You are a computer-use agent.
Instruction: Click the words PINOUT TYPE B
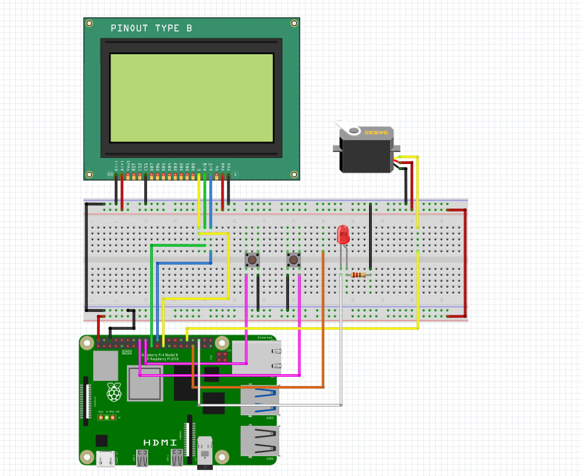151,28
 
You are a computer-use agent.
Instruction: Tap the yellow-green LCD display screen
191,97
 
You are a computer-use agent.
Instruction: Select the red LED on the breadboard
343,235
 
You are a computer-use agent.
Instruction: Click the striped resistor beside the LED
358,274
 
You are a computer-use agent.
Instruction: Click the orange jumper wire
323,317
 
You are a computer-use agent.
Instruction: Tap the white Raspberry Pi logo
114,391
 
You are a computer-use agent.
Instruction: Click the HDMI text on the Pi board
160,442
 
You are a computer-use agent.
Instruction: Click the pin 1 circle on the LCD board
235,174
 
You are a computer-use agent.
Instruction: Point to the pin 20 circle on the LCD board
110,174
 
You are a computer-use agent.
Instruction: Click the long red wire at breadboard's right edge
465,263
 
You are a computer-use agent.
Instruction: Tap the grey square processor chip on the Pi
145,383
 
